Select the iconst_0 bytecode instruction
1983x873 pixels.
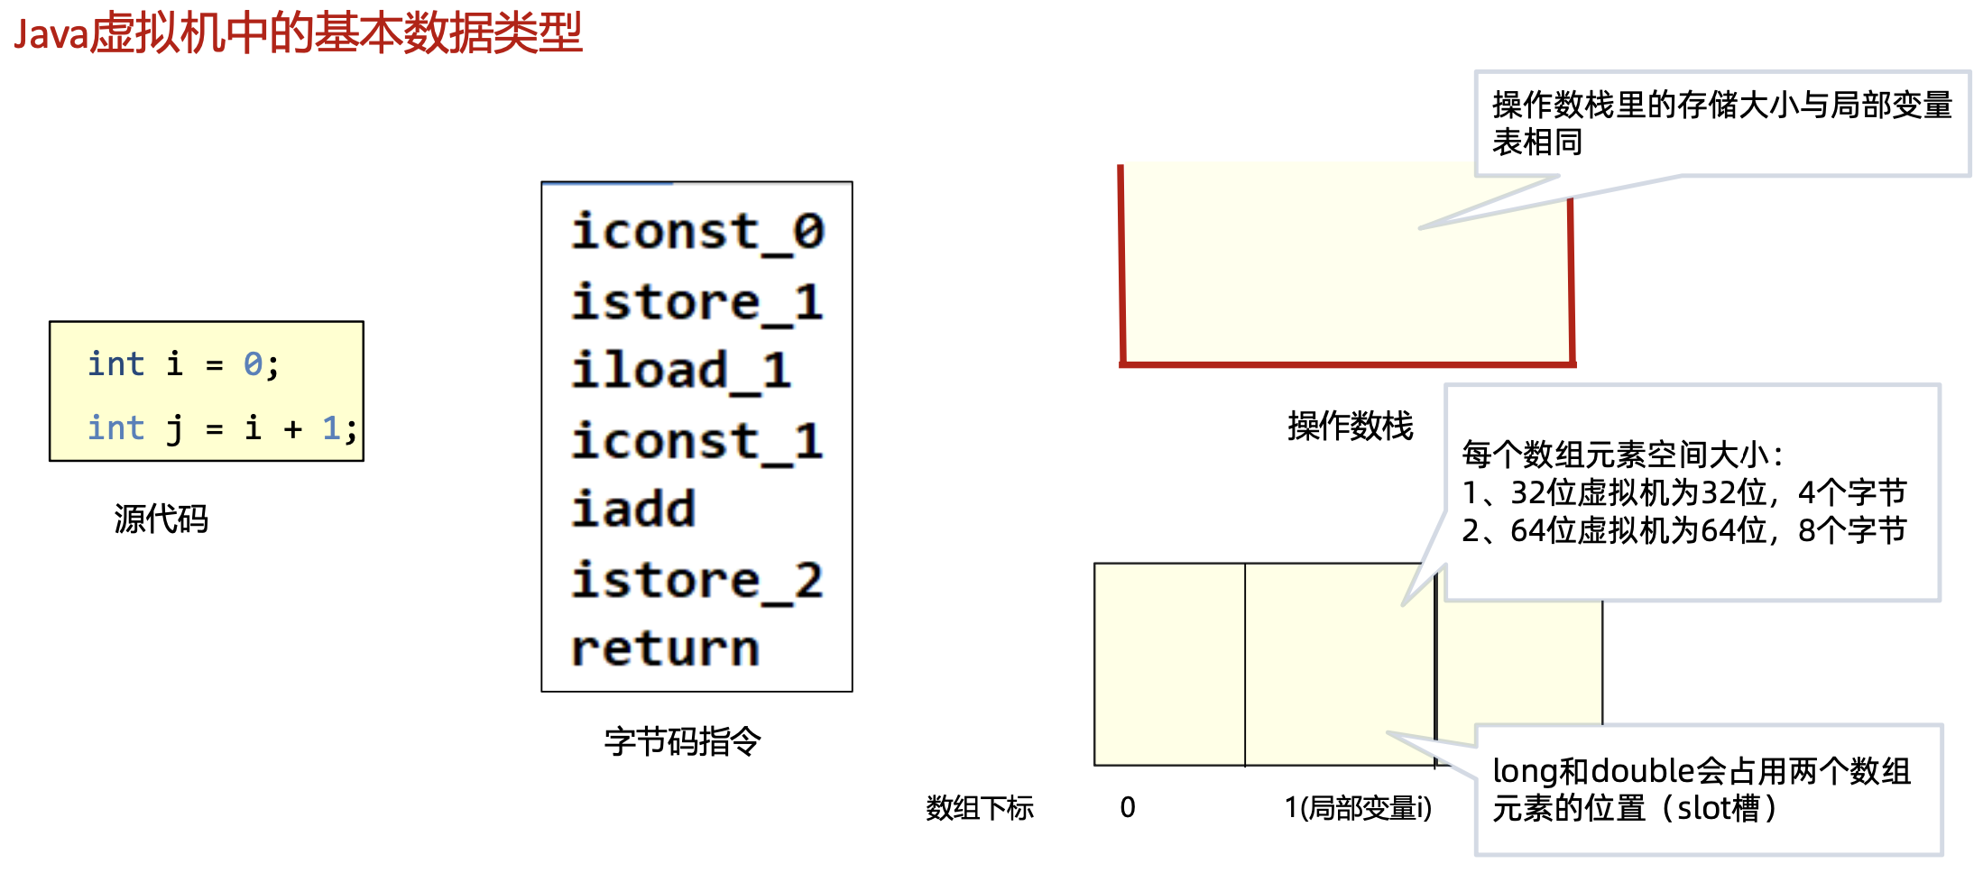pyautogui.click(x=697, y=232)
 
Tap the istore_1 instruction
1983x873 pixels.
pyautogui.click(x=697, y=301)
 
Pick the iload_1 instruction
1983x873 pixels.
pyautogui.click(x=681, y=371)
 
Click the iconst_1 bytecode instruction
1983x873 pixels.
pyautogui.click(x=697, y=441)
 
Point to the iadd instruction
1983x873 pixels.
pyautogui.click(x=633, y=510)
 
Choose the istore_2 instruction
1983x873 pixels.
pyautogui.click(x=697, y=580)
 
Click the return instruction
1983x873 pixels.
pyautogui.click(x=665, y=648)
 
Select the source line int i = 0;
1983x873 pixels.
pyautogui.click(x=183, y=364)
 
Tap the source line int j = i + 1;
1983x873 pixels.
pyautogui.click(x=221, y=427)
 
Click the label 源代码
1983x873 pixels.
pyautogui.click(x=161, y=519)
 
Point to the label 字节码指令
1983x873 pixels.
pyautogui.click(x=682, y=741)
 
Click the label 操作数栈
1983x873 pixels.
pyautogui.click(x=1350, y=426)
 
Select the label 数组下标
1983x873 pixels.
pyautogui.click(x=979, y=807)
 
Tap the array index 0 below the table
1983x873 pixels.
pyautogui.click(x=1128, y=807)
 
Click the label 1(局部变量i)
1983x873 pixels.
pyautogui.click(x=1358, y=807)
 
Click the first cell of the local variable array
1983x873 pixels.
pyautogui.click(x=1169, y=664)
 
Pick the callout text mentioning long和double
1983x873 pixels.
pyautogui.click(x=1701, y=789)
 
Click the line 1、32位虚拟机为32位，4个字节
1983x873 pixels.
pyautogui.click(x=1683, y=492)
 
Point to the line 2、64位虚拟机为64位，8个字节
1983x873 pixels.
pyautogui.click(x=1683, y=530)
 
